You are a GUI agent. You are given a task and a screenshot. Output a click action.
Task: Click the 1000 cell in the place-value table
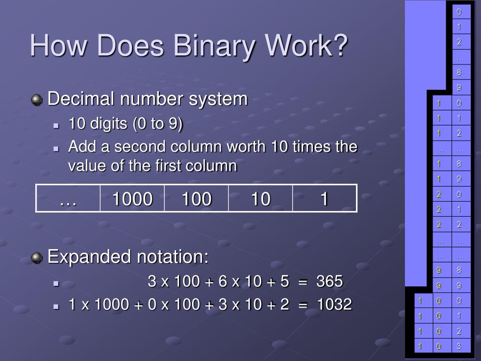click(132, 199)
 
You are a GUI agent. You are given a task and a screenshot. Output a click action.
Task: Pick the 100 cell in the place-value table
click(196, 199)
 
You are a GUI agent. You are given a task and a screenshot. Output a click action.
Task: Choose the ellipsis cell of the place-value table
click(68, 199)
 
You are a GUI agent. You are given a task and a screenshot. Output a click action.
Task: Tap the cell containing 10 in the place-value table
click(260, 199)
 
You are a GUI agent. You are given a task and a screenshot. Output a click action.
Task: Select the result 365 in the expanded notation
click(330, 282)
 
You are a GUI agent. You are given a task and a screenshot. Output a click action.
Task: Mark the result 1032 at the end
click(334, 305)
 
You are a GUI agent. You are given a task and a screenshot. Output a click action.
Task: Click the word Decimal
click(81, 99)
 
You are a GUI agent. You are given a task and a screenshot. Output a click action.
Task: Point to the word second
click(141, 147)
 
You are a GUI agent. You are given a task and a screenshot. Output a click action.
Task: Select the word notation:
click(172, 257)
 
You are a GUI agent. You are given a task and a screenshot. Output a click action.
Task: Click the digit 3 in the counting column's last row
click(459, 346)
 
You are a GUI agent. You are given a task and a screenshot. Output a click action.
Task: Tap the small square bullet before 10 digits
click(55, 126)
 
